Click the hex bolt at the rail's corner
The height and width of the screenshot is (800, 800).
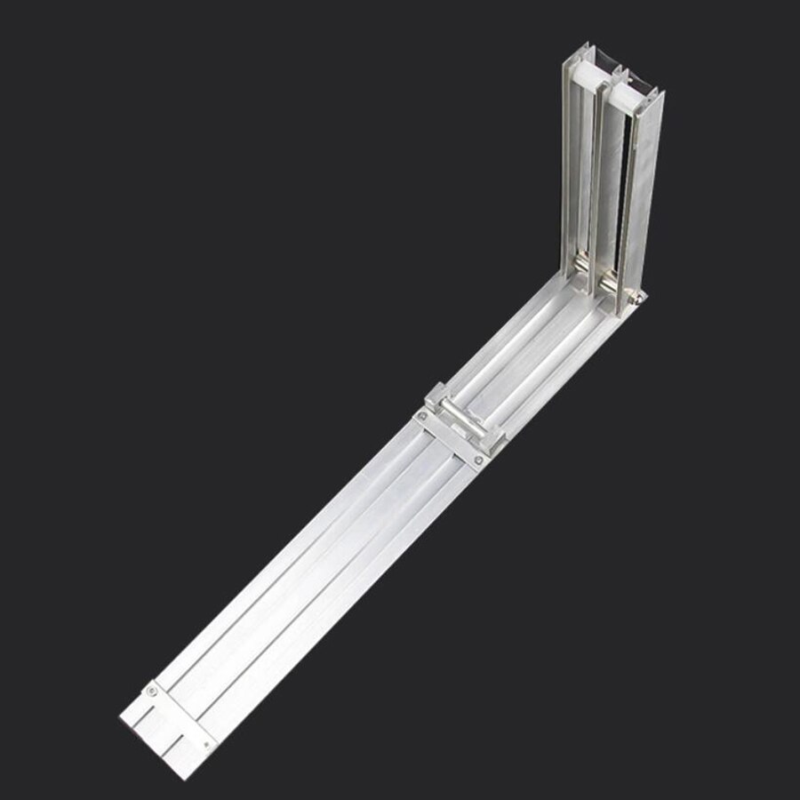click(x=638, y=300)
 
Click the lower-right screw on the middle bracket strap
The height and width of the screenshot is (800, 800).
click(x=479, y=460)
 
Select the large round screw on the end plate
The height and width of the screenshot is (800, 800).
click(x=152, y=690)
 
